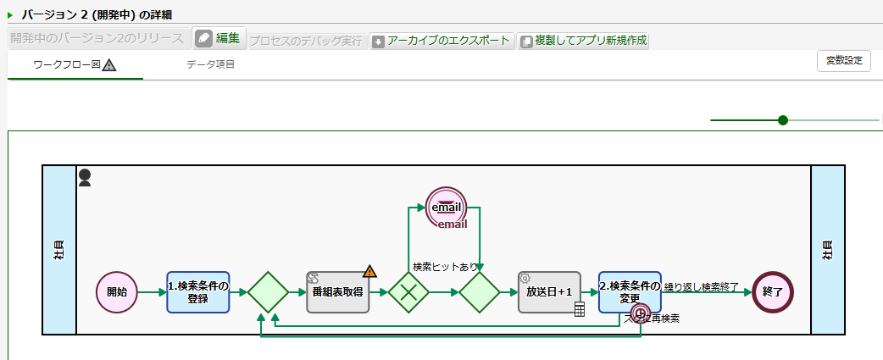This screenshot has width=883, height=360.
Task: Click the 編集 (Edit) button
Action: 219,39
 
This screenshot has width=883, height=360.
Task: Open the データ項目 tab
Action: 210,65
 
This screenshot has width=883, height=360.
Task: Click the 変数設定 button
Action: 843,61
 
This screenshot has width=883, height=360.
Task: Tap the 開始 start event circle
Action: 117,292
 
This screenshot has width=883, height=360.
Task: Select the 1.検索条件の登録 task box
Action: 198,292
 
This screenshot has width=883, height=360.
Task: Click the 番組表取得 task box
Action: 337,292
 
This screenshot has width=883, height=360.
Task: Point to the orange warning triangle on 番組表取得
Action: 369,272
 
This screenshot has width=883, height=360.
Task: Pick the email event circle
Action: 447,207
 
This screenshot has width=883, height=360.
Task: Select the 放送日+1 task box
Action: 549,292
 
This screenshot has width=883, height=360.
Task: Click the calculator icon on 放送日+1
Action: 580,310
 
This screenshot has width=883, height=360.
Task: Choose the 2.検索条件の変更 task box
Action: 629,290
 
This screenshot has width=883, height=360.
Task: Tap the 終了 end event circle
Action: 773,292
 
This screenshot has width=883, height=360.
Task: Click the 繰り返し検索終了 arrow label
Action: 702,286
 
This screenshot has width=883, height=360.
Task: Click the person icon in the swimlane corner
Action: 85,177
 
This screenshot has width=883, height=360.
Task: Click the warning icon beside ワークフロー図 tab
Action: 109,65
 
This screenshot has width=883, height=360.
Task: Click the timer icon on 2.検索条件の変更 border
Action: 641,313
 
